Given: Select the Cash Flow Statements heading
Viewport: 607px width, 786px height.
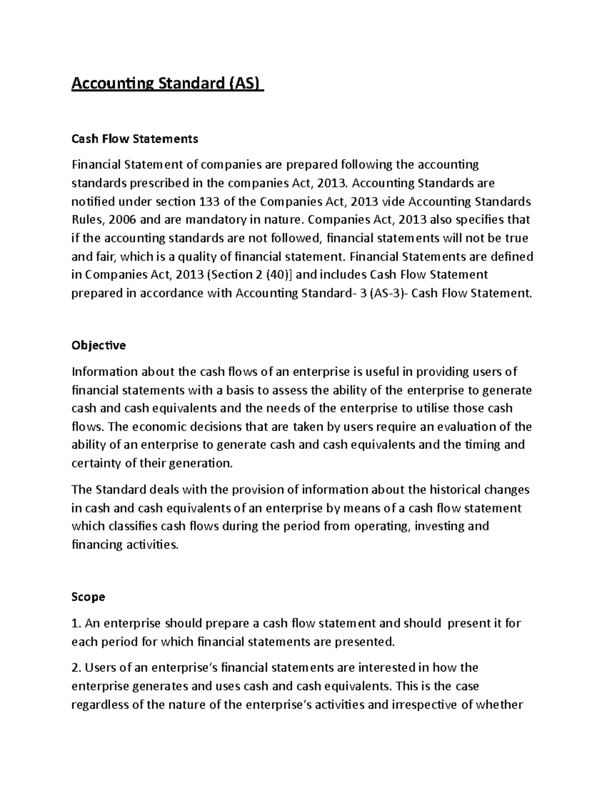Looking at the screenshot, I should pos(135,139).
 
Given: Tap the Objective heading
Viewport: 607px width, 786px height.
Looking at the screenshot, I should pos(99,346).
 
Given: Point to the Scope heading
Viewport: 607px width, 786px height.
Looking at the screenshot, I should pos(88,597).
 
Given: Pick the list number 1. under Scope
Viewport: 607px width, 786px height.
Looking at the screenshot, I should pos(76,623).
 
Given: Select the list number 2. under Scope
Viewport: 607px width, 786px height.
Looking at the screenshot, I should pos(77,668).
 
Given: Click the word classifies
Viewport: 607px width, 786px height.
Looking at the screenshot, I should pos(131,526).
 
